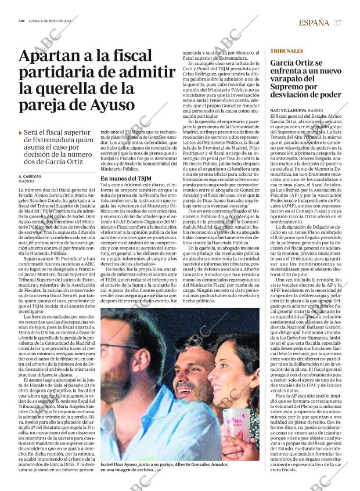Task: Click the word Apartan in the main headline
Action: click(48, 56)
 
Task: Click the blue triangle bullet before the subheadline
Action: click(21, 133)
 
